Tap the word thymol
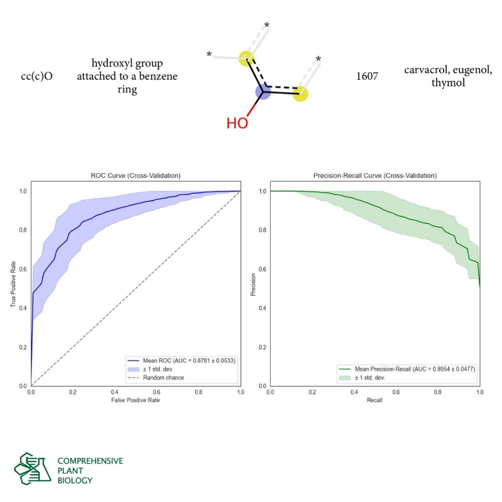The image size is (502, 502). pyautogui.click(x=448, y=82)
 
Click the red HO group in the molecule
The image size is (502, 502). pyautogui.click(x=237, y=123)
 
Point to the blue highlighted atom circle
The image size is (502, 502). pyautogui.click(x=263, y=92)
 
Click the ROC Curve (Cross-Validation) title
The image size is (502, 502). pyautogui.click(x=136, y=176)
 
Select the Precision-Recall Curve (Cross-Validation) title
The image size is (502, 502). pyautogui.click(x=374, y=176)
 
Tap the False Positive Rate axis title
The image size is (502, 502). pyautogui.click(x=136, y=401)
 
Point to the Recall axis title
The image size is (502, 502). pyautogui.click(x=374, y=401)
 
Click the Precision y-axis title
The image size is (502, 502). pyautogui.click(x=253, y=284)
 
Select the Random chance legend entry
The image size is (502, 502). pyautogui.click(x=163, y=378)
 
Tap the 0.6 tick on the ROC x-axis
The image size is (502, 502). pyautogui.click(x=157, y=392)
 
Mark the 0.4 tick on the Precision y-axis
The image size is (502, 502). pyautogui.click(x=263, y=308)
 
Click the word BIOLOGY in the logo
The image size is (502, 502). pyautogui.click(x=75, y=480)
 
